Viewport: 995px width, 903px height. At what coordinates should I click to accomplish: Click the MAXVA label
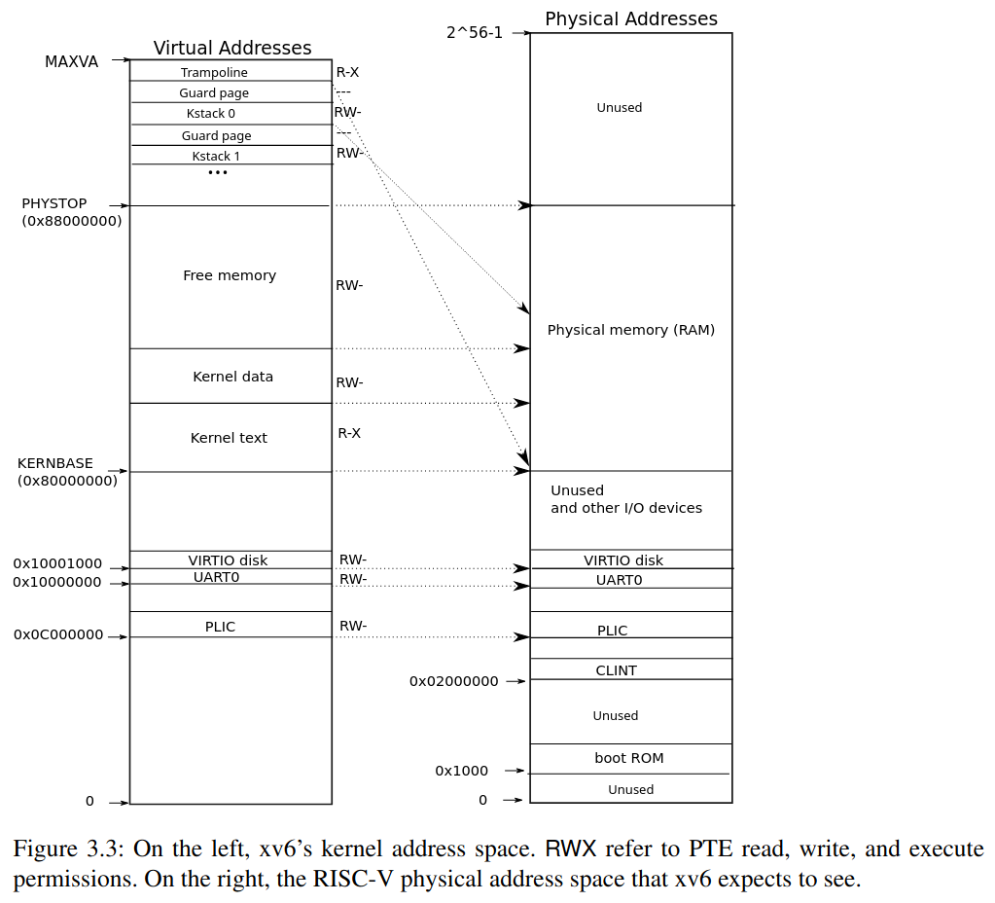71,61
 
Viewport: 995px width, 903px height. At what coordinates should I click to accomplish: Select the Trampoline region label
214,72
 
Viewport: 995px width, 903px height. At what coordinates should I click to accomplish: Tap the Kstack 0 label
211,114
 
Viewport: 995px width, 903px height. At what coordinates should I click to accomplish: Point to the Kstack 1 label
216,156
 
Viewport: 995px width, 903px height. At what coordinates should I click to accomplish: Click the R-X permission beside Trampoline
347,71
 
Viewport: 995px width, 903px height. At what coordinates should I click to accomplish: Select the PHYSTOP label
54,203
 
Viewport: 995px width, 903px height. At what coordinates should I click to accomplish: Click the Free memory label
230,275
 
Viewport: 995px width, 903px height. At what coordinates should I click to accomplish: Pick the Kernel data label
232,377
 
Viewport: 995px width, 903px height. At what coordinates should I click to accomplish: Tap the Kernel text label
229,438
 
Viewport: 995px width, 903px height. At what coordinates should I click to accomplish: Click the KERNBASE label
55,463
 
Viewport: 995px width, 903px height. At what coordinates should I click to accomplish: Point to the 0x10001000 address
57,564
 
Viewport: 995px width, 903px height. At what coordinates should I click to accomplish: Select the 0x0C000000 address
58,634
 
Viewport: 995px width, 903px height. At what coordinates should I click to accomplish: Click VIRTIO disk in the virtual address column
228,560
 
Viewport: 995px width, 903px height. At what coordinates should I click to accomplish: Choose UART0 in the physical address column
620,580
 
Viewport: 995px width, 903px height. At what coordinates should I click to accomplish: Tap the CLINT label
617,670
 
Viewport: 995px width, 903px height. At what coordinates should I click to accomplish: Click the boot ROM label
629,758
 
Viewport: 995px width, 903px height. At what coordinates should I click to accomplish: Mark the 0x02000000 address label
453,681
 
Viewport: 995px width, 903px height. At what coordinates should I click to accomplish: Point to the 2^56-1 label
475,32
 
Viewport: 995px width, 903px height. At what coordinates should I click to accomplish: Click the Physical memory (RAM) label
631,330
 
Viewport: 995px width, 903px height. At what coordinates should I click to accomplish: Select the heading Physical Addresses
631,18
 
